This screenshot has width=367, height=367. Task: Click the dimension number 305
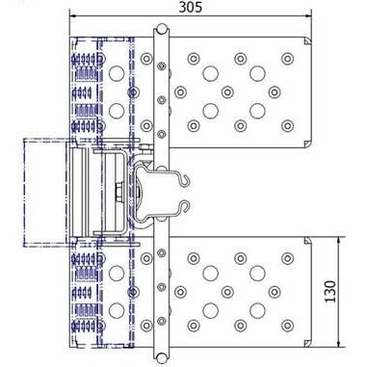click(x=191, y=7)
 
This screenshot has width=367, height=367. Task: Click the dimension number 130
click(x=330, y=292)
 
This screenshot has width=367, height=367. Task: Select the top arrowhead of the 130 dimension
click(x=339, y=242)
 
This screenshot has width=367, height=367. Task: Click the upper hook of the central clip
click(x=185, y=180)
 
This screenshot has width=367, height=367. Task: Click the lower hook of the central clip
click(x=185, y=207)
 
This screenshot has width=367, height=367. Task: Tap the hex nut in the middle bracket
click(x=119, y=192)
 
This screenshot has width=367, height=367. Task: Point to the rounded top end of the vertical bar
click(x=162, y=30)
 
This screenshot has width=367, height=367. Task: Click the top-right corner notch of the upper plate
click(x=307, y=41)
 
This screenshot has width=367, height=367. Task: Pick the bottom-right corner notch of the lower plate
click(x=307, y=343)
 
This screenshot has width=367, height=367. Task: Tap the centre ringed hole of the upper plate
click(x=227, y=92)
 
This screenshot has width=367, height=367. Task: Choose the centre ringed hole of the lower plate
click(x=227, y=292)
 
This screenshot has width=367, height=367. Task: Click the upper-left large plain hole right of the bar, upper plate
click(x=211, y=73)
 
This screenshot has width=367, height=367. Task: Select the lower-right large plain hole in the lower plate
click(x=257, y=310)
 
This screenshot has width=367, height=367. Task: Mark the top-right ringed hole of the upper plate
click(x=287, y=59)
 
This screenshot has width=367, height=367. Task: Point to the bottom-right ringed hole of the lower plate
click(x=287, y=326)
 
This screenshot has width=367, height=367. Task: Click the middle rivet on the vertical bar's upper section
click(x=162, y=100)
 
